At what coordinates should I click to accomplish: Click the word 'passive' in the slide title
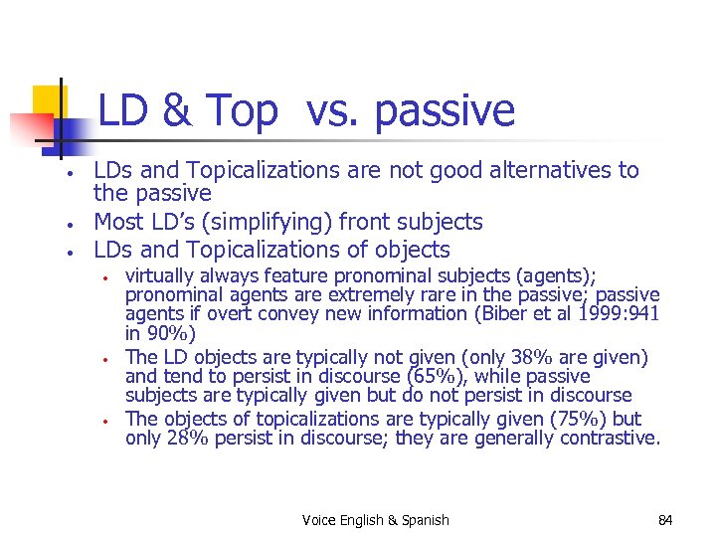pyautogui.click(x=445, y=111)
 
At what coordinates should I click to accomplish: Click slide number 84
pyautogui.click(x=665, y=520)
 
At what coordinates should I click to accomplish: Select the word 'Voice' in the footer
pyautogui.click(x=319, y=520)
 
